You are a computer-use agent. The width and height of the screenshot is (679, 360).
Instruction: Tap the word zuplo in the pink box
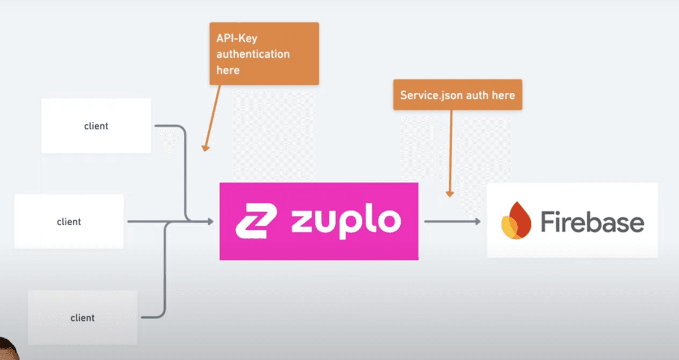[346, 221]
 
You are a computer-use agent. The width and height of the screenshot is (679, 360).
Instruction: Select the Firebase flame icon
[515, 221]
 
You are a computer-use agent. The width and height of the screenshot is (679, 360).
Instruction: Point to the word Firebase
[592, 221]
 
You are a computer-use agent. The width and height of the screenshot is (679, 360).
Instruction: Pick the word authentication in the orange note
[253, 54]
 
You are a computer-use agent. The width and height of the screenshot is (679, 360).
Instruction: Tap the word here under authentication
[228, 70]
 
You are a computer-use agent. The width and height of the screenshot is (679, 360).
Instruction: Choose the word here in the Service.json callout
[504, 95]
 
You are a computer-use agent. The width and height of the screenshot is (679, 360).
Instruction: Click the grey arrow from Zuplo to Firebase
[452, 221]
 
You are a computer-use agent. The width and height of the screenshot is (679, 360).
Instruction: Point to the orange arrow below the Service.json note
[451, 153]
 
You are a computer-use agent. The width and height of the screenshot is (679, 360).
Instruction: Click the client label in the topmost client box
[96, 126]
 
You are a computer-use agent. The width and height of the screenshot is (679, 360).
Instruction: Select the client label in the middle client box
[69, 222]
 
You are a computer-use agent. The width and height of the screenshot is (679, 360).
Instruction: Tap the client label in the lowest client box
[83, 318]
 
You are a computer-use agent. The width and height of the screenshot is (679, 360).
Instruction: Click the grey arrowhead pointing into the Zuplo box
[210, 222]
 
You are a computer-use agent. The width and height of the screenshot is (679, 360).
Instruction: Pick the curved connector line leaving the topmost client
[184, 170]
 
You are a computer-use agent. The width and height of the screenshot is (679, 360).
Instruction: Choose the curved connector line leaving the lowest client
[165, 272]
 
